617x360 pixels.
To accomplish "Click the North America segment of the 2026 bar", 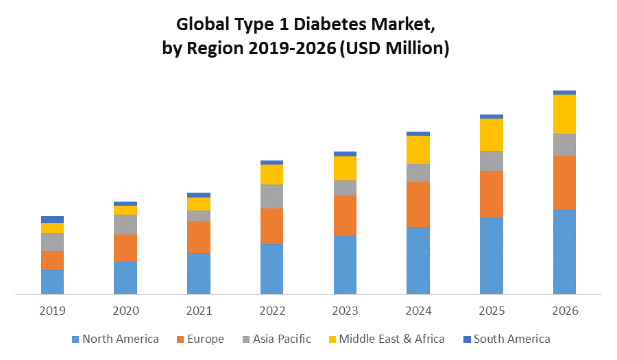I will pos(564,252).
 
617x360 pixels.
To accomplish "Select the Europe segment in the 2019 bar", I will pos(52,260).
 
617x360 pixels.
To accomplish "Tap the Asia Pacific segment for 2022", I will pos(271,196).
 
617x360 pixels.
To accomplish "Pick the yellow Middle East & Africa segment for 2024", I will pos(418,149).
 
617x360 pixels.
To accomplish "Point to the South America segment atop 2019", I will pos(52,219).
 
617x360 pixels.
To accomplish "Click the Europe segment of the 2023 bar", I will pos(345,215).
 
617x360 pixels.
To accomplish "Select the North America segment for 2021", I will pos(199,274).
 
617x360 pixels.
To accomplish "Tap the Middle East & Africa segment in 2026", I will pos(564,114).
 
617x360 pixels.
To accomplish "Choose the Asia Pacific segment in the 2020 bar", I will pos(125,224).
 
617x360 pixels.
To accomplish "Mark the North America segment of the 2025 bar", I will pos(492,256).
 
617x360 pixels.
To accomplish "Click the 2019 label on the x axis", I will pos(52,311).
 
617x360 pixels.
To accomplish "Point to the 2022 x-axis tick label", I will pos(271,311).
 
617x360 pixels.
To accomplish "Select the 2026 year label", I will pos(564,311).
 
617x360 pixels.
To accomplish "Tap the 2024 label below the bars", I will pos(418,311).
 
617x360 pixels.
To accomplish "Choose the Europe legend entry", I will pos(200,339).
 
